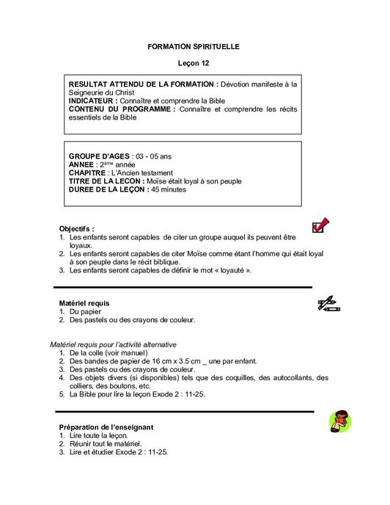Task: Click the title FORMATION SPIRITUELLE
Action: tap(194, 46)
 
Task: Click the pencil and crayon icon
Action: tap(327, 303)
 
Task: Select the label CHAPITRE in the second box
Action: tap(92, 173)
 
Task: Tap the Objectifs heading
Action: tap(76, 229)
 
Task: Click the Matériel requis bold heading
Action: tap(84, 302)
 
